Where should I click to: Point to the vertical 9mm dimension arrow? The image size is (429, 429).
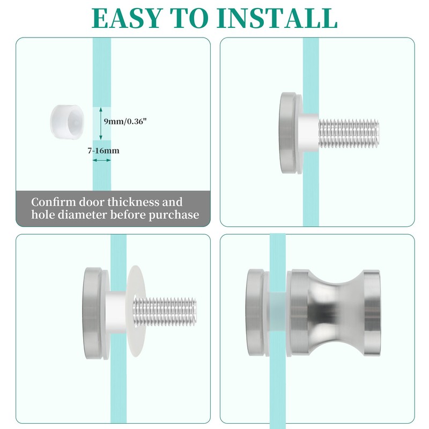tap(102, 122)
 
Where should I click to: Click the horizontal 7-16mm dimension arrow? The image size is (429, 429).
tap(102, 160)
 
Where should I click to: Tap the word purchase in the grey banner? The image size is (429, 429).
tap(173, 215)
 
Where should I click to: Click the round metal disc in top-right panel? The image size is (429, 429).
tap(290, 134)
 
